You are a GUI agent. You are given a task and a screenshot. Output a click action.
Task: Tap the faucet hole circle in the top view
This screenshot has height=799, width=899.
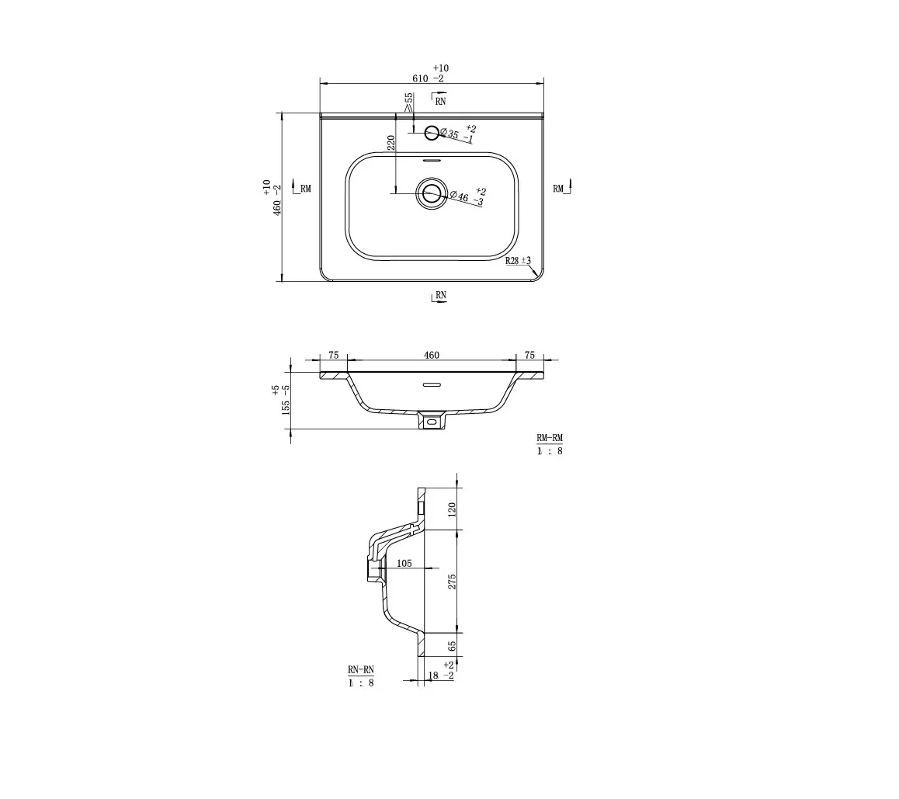pyautogui.click(x=432, y=133)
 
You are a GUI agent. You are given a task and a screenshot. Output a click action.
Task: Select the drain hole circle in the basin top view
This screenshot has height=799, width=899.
pyautogui.click(x=432, y=194)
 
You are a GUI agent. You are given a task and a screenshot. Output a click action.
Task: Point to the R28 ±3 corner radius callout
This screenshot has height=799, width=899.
pyautogui.click(x=518, y=261)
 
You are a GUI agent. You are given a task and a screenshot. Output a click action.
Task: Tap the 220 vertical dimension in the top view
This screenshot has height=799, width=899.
pyautogui.click(x=391, y=143)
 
